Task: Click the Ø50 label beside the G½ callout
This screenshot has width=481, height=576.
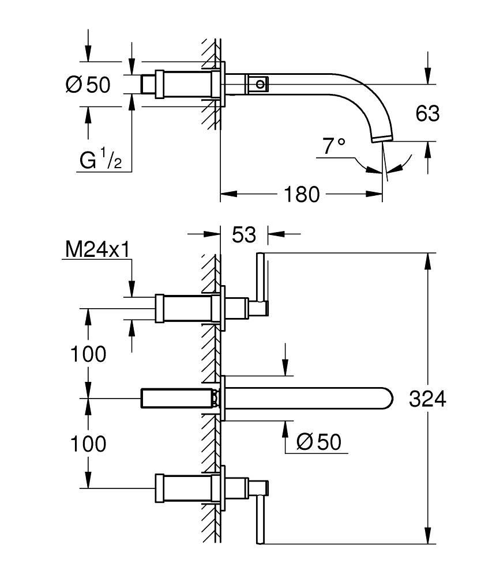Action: pyautogui.click(x=88, y=85)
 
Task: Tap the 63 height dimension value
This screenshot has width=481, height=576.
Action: pyautogui.click(x=427, y=113)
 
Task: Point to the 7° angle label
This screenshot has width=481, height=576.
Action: pyautogui.click(x=334, y=146)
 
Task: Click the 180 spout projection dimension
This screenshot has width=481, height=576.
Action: pyautogui.click(x=300, y=195)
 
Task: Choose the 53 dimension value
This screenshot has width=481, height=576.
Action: pyautogui.click(x=244, y=234)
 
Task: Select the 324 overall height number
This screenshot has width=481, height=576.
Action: pyautogui.click(x=427, y=399)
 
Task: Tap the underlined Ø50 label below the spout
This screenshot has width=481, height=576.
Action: pyautogui.click(x=318, y=442)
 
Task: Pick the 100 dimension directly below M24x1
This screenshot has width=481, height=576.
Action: pyautogui.click(x=88, y=354)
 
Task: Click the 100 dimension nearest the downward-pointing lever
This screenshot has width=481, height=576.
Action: pyautogui.click(x=88, y=444)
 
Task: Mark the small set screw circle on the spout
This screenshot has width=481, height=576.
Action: pyautogui.click(x=261, y=85)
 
